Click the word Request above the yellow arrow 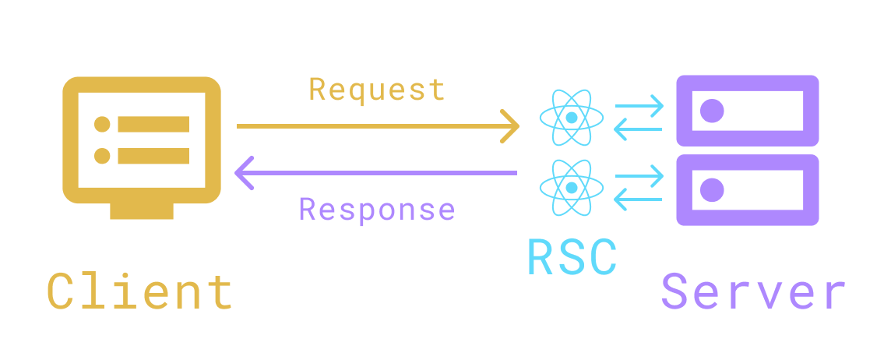[377, 90]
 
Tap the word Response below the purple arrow [377, 210]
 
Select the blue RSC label [572, 257]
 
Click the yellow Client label [140, 293]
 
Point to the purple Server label [753, 293]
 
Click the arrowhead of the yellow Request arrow [511, 125]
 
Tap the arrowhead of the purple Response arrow [245, 172]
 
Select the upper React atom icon [572, 118]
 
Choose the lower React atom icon [572, 188]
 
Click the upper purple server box [747, 111]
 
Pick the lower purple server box [747, 190]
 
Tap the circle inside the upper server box [712, 111]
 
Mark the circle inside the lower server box [712, 190]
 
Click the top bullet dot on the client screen [102, 125]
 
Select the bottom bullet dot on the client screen [102, 156]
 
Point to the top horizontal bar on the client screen [153, 125]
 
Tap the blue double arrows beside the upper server [639, 118]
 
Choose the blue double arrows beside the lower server [639, 189]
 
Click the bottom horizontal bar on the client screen [153, 156]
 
